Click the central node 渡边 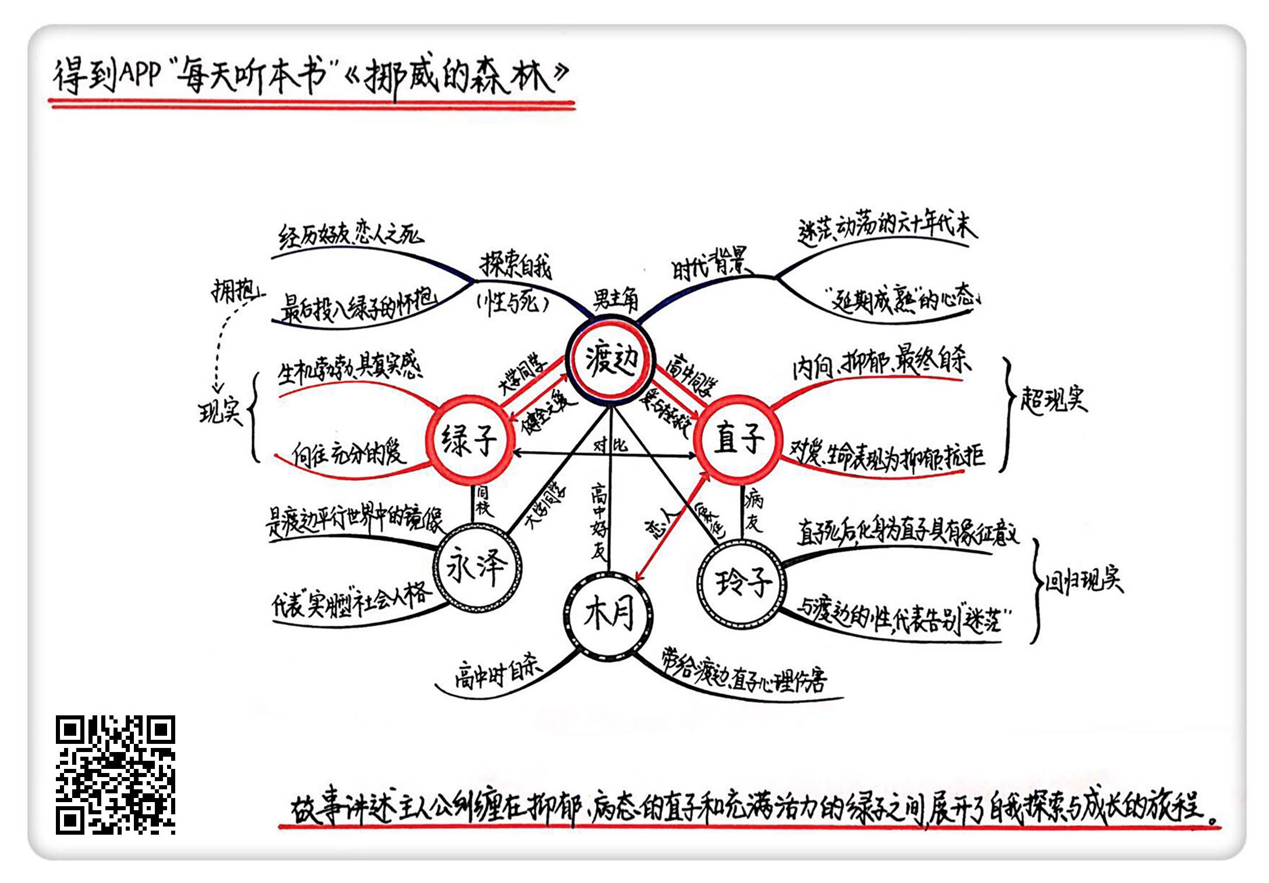611,360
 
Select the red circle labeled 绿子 469,440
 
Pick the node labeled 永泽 477,568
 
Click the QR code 115,775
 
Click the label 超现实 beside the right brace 1053,400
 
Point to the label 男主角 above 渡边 615,300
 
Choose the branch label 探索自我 515,267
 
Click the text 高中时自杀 498,675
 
